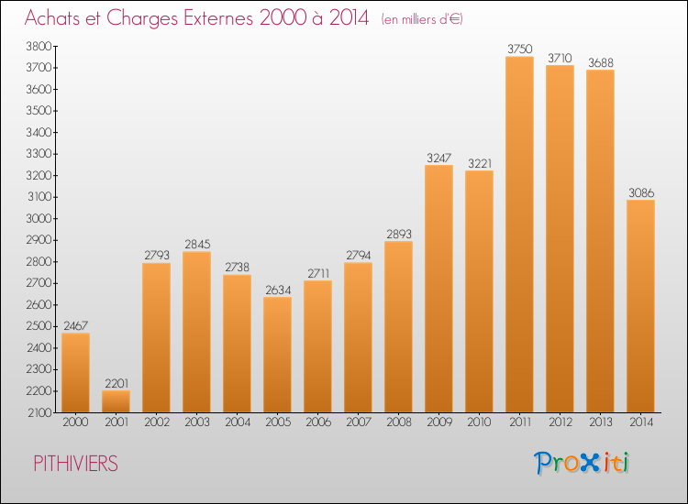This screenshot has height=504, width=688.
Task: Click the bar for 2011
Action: pyautogui.click(x=519, y=235)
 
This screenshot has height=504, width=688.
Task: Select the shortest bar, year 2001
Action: pyautogui.click(x=116, y=401)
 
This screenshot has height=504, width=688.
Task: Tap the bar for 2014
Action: pyautogui.click(x=640, y=306)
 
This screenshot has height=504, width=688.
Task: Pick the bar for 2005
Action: pyautogui.click(x=277, y=355)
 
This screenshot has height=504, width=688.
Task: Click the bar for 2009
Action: pyautogui.click(x=438, y=289)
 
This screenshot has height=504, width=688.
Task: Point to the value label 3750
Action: pyautogui.click(x=519, y=49)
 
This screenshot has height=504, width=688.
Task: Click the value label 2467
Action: pyautogui.click(x=75, y=325)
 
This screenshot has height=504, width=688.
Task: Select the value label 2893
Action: pyautogui.click(x=399, y=234)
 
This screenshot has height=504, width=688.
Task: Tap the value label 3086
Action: pyautogui.click(x=641, y=192)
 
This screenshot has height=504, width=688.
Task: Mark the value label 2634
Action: pyautogui.click(x=278, y=290)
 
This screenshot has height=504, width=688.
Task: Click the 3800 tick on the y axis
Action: pyautogui.click(x=39, y=46)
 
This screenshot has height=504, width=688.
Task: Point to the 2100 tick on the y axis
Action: pyautogui.click(x=40, y=413)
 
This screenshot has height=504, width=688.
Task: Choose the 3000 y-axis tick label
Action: pyautogui.click(x=39, y=219)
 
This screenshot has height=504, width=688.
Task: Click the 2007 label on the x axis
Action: pyautogui.click(x=358, y=422)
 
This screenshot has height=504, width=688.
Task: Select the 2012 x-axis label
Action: pyautogui.click(x=560, y=422)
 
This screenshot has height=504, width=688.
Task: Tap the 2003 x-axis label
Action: pyautogui.click(x=196, y=422)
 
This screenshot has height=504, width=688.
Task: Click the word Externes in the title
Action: pyautogui.click(x=218, y=18)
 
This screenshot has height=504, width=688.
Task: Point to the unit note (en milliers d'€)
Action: pyautogui.click(x=422, y=19)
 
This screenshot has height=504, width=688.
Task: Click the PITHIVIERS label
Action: pyautogui.click(x=75, y=464)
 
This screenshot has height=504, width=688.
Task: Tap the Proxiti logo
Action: pyautogui.click(x=582, y=463)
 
